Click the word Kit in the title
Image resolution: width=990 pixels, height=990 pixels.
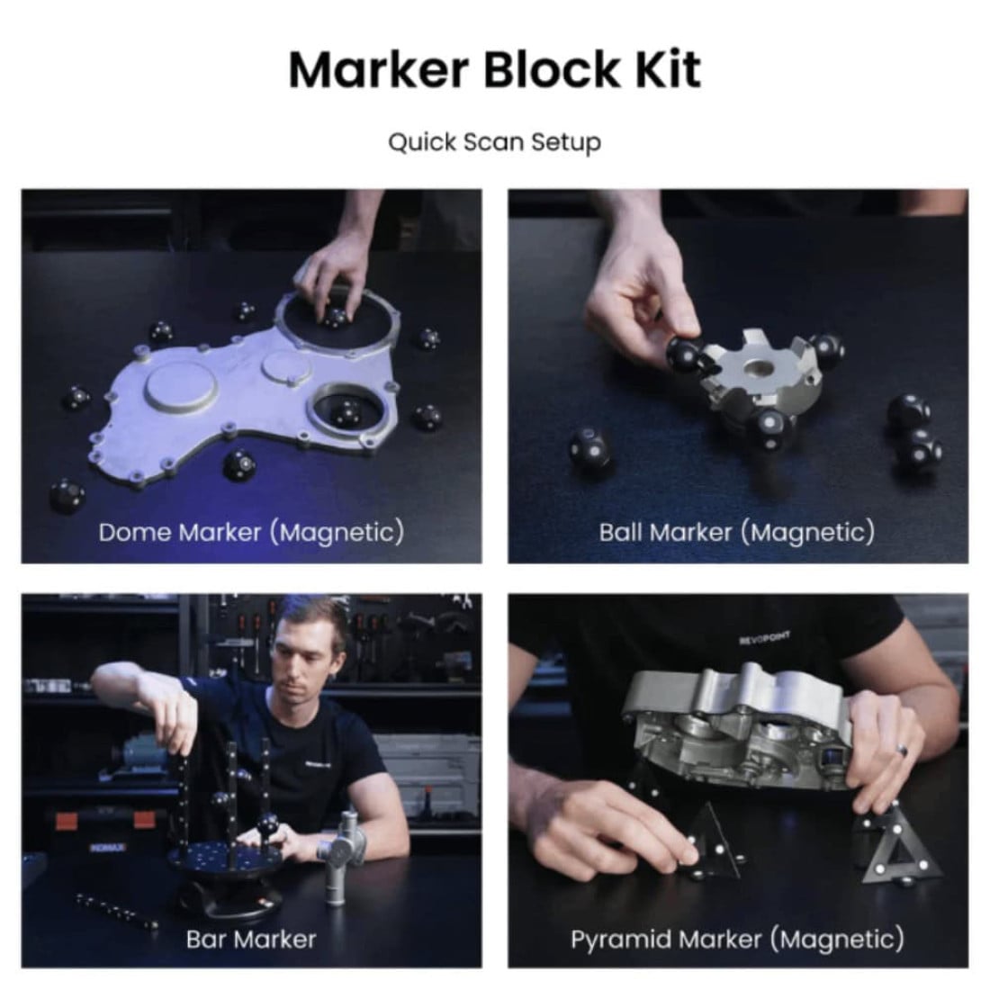663,69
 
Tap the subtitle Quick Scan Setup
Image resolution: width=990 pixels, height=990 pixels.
494,142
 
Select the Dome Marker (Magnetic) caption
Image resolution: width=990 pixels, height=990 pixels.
251,532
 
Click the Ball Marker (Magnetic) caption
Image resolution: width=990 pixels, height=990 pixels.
737,532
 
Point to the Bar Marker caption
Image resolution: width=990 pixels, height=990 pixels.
251,940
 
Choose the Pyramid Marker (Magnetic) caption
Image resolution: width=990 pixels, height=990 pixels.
737,940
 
